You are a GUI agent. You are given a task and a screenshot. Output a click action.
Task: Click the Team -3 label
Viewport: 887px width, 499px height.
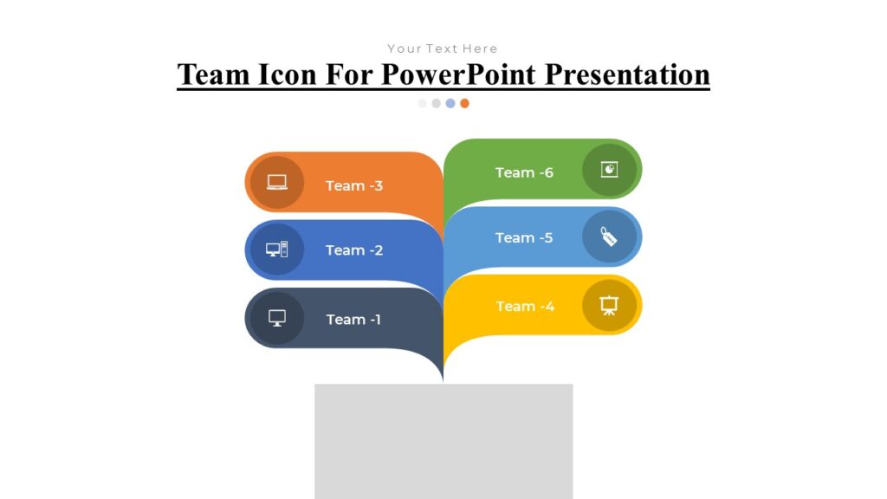click(353, 185)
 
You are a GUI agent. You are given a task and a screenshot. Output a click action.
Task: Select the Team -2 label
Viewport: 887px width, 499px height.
click(353, 250)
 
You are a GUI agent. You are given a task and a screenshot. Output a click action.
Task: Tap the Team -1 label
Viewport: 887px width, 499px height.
click(353, 320)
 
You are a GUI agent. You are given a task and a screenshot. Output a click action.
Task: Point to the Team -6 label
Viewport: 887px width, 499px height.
click(524, 172)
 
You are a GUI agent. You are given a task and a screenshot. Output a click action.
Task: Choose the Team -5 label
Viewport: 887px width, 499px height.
click(524, 237)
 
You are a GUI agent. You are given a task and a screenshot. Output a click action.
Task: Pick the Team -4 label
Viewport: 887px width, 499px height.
click(525, 306)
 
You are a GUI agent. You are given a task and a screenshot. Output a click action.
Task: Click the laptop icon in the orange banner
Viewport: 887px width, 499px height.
click(276, 182)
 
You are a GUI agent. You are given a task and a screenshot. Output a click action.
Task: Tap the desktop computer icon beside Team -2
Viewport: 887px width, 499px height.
click(276, 249)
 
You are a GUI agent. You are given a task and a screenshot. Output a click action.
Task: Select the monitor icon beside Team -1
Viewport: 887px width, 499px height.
click(276, 318)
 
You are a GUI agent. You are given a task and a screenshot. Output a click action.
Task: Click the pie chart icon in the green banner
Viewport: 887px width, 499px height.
click(610, 169)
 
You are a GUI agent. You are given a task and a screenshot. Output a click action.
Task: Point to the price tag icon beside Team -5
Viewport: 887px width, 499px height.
click(610, 237)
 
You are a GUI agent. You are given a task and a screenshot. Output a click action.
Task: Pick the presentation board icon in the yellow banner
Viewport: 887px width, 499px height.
click(610, 305)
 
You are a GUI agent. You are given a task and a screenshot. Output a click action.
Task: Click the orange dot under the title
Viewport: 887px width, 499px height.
click(465, 103)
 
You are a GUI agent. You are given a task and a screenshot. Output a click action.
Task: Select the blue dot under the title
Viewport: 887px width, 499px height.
click(450, 103)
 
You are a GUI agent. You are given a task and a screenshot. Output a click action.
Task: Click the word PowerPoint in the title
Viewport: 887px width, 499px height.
click(459, 75)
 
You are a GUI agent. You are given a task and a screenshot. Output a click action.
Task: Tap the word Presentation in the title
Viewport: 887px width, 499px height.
click(627, 75)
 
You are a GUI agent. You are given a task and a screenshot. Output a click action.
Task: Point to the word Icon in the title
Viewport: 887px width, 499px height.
click(288, 75)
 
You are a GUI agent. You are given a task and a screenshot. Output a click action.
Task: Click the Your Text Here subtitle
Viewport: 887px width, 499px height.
click(443, 49)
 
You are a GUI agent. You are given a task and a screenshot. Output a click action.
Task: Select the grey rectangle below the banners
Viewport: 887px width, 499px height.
click(443, 441)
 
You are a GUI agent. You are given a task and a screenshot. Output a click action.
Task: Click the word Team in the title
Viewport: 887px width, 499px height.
click(214, 75)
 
